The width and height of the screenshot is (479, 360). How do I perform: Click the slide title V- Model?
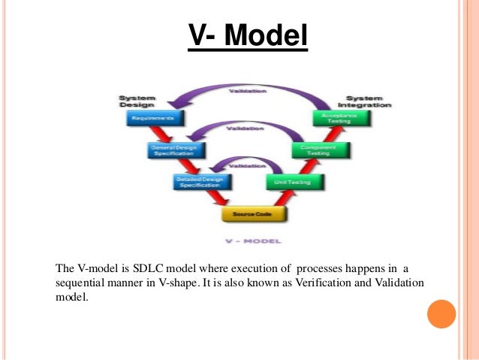point(247,37)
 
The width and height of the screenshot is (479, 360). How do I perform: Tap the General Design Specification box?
point(174,150)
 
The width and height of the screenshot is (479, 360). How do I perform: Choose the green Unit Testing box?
point(294,182)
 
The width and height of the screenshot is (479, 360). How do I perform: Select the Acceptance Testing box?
point(339,118)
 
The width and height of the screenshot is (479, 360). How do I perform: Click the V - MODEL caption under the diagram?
point(254,242)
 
